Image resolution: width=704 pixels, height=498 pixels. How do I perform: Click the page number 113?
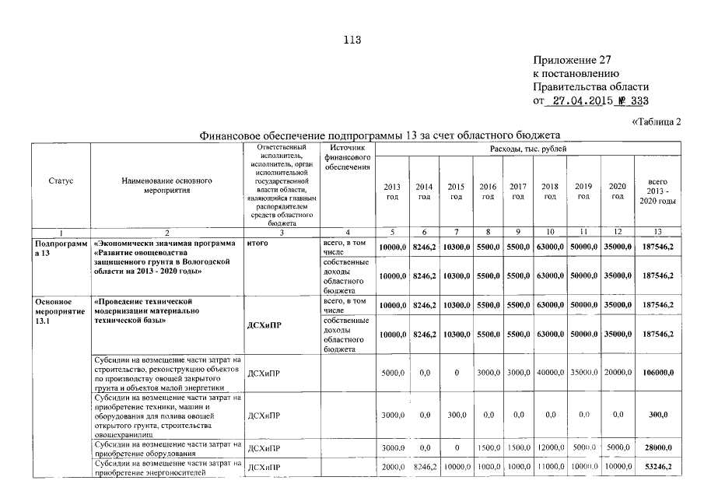click(352, 40)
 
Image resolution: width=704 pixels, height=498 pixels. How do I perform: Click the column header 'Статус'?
click(61, 181)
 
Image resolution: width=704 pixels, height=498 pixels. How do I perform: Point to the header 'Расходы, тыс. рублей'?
click(528, 148)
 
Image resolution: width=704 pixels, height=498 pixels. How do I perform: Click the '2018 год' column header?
click(550, 191)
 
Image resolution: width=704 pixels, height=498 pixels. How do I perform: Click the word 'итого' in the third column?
click(257, 244)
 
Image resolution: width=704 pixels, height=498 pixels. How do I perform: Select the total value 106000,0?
click(657, 373)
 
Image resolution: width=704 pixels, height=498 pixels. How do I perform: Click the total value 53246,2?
click(657, 466)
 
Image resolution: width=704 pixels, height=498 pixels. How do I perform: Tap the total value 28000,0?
click(657, 448)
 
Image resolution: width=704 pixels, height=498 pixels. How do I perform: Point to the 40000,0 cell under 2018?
click(550, 373)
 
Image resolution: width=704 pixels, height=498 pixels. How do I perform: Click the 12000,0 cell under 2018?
click(550, 448)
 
